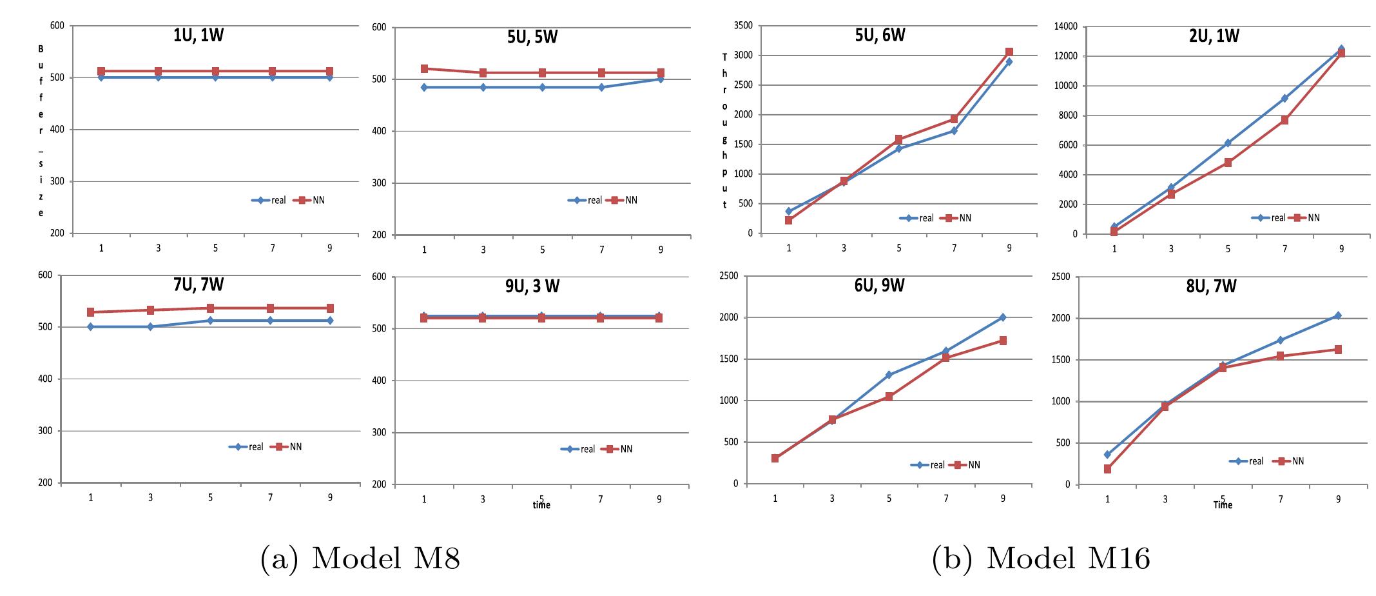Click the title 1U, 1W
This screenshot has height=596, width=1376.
[199, 35]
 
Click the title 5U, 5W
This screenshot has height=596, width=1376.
[532, 37]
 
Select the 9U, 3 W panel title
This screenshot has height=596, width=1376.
[532, 286]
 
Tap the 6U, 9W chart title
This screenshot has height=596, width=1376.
[879, 285]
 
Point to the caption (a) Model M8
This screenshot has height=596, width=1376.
[360, 559]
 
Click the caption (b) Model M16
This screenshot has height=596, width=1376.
[1041, 559]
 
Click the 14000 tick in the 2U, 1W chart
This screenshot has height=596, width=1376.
[1064, 26]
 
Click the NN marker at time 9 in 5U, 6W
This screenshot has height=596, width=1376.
[1009, 52]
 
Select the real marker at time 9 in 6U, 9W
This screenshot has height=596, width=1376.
[1003, 317]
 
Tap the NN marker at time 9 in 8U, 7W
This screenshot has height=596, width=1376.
[1338, 350]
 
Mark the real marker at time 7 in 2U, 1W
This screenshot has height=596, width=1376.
[1284, 99]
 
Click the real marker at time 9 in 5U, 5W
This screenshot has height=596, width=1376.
[661, 79]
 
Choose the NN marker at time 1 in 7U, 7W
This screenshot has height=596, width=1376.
[91, 312]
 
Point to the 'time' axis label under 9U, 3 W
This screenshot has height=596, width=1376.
[541, 506]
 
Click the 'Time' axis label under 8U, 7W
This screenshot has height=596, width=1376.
[1223, 505]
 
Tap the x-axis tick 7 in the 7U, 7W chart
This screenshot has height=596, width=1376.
[271, 497]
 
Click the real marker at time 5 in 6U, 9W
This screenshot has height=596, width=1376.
[889, 375]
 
